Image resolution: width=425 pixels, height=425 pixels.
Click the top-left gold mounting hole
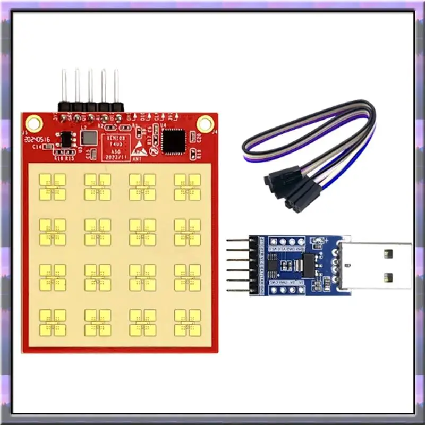coord(33,124)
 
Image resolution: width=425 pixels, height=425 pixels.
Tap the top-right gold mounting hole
coord(205,124)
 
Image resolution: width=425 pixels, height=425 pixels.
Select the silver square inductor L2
coord(88,138)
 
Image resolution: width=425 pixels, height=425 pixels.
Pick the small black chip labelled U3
coord(66,139)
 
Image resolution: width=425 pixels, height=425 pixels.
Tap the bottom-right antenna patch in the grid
coord(188,322)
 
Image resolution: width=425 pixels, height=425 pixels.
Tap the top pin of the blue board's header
coord(237,241)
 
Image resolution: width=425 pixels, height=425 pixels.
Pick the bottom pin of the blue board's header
coord(237,290)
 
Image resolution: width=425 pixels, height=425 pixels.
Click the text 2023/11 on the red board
coord(116,157)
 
